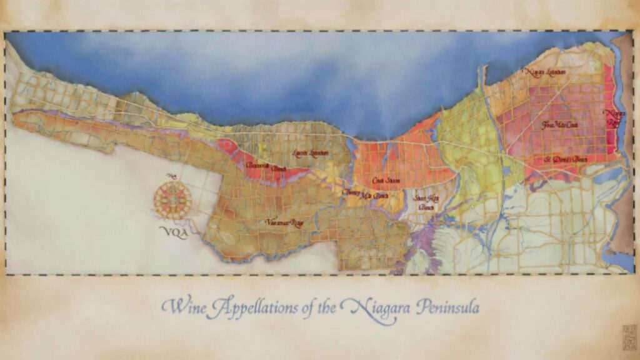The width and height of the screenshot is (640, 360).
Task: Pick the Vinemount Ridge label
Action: (x=284, y=222)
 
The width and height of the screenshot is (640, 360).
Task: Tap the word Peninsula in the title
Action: (x=449, y=308)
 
